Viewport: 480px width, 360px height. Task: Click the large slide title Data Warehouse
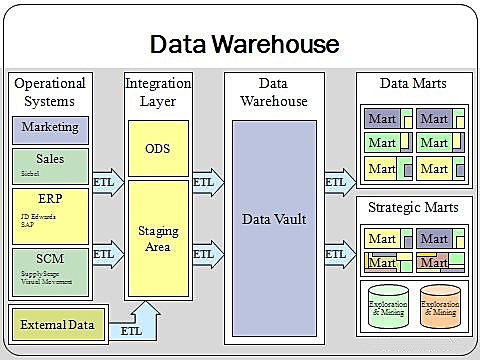click(244, 43)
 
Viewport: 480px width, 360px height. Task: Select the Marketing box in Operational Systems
click(50, 128)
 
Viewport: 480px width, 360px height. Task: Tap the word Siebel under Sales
click(30, 172)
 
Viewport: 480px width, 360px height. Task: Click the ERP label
click(50, 199)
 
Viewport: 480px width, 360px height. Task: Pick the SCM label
click(50, 257)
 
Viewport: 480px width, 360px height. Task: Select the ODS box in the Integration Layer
click(158, 147)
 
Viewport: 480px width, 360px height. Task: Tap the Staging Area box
click(158, 238)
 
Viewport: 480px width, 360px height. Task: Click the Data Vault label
click(273, 218)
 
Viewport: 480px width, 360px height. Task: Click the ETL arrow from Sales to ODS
click(106, 183)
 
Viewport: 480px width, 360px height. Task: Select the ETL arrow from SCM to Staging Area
click(106, 254)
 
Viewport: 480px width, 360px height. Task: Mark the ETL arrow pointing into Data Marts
click(336, 183)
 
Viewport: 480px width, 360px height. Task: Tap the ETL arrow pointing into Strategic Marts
click(336, 254)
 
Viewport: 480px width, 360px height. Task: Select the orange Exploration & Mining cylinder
click(441, 308)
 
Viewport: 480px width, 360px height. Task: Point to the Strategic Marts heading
click(414, 207)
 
